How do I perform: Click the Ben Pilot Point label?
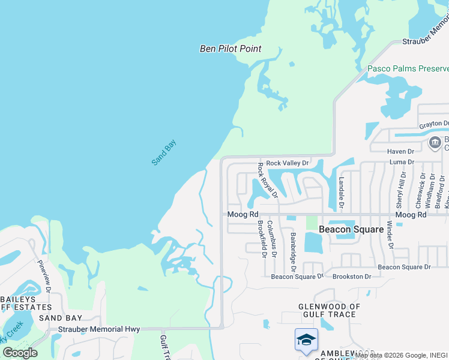231,49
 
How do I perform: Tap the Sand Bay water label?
164,152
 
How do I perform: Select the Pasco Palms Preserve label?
408,69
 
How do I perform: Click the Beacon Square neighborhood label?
351,229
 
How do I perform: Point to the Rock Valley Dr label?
287,163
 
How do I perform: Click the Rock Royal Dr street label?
268,179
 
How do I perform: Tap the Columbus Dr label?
271,239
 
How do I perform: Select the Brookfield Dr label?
261,238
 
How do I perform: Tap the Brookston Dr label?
351,277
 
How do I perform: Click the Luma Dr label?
402,162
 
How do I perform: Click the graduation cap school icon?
306,340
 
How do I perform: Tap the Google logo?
20,353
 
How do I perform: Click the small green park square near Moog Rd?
311,222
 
